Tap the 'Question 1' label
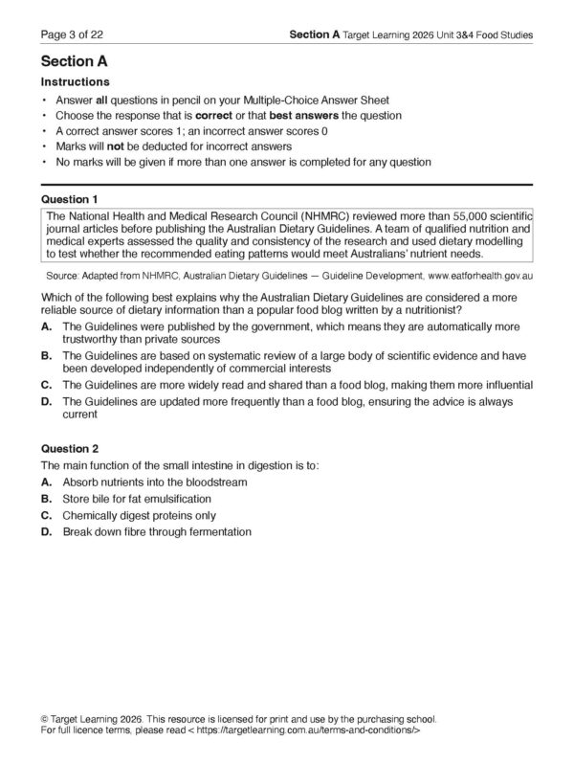[x=71, y=199]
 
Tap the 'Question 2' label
[x=71, y=448]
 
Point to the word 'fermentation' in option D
[x=218, y=532]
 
